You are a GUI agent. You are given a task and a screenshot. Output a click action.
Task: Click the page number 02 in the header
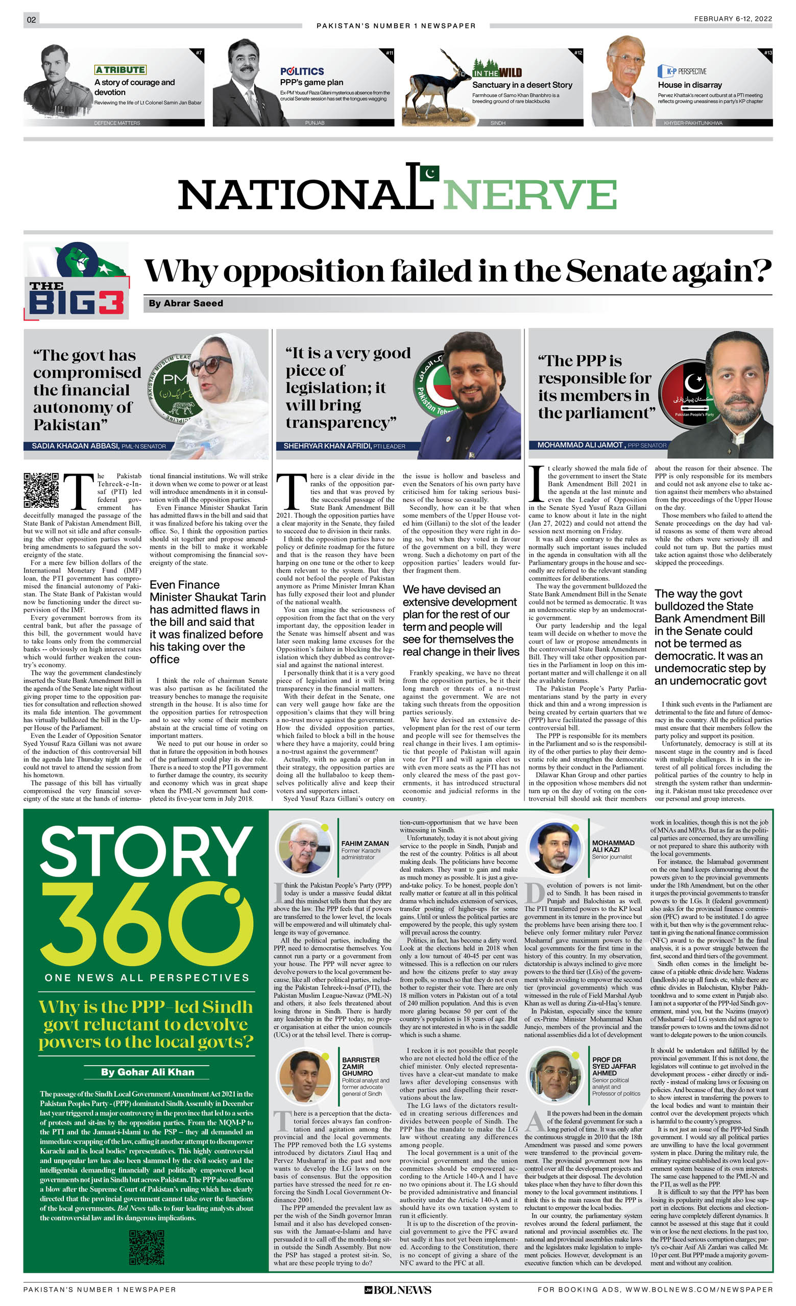(x=31, y=19)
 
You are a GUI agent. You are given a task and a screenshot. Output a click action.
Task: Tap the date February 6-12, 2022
(x=732, y=18)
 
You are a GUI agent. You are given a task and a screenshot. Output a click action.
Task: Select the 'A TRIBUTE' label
(x=120, y=70)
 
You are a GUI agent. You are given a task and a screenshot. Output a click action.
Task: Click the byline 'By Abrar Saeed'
(x=186, y=303)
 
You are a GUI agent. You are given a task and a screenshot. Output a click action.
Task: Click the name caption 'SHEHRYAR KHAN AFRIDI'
(x=327, y=446)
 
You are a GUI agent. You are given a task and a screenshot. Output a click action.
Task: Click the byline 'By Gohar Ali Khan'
(x=148, y=1072)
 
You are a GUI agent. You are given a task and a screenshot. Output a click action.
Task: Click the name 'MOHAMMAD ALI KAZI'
(x=613, y=846)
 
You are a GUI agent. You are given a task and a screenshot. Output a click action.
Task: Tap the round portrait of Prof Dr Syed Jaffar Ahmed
(x=555, y=1076)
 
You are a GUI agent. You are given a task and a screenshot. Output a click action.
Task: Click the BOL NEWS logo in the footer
(x=397, y=1290)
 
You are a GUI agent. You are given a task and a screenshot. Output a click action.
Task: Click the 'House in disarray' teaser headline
(x=689, y=85)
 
